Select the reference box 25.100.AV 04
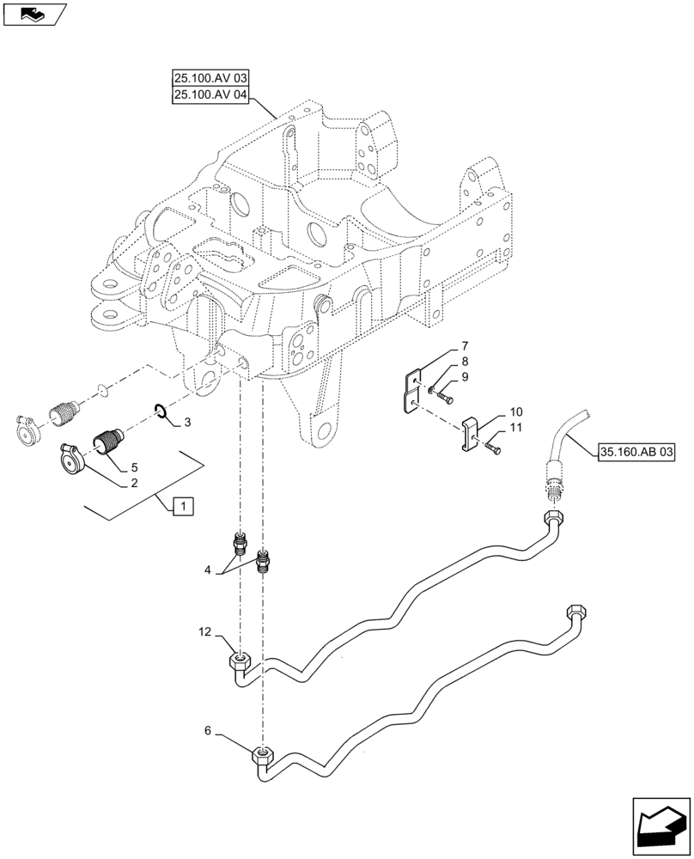pyautogui.click(x=210, y=96)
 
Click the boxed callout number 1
pyautogui.click(x=182, y=505)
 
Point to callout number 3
pyautogui.click(x=187, y=423)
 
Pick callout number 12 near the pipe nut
pyautogui.click(x=204, y=632)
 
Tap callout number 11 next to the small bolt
pyautogui.click(x=516, y=427)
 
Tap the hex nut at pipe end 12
pyautogui.click(x=240, y=661)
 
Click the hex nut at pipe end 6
pyautogui.click(x=263, y=757)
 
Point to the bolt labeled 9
pyautogui.click(x=441, y=397)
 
